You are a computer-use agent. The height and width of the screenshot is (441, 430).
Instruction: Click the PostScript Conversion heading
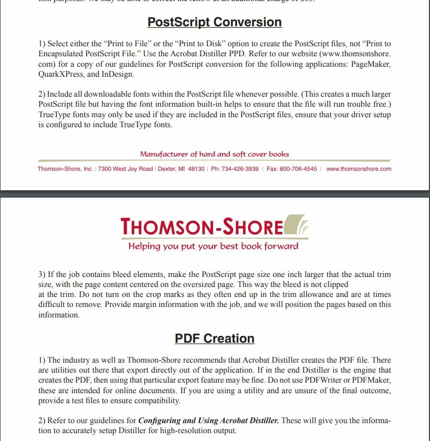tap(214, 22)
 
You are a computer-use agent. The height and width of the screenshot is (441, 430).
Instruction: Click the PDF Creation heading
tap(214, 339)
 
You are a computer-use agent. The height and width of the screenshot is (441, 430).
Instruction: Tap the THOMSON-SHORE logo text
tap(202, 227)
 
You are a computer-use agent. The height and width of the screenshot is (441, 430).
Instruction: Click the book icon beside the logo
tap(297, 225)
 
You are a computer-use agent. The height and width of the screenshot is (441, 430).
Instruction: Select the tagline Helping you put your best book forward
tap(213, 246)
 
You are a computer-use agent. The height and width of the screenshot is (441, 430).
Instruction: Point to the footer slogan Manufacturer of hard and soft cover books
tap(214, 155)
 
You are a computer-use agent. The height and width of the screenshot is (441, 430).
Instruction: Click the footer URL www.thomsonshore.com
tap(359, 169)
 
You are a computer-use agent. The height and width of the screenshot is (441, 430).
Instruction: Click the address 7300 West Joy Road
tap(125, 169)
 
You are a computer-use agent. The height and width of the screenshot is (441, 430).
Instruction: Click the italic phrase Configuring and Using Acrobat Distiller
tap(208, 421)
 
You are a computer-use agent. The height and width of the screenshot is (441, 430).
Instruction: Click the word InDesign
tap(118, 74)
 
